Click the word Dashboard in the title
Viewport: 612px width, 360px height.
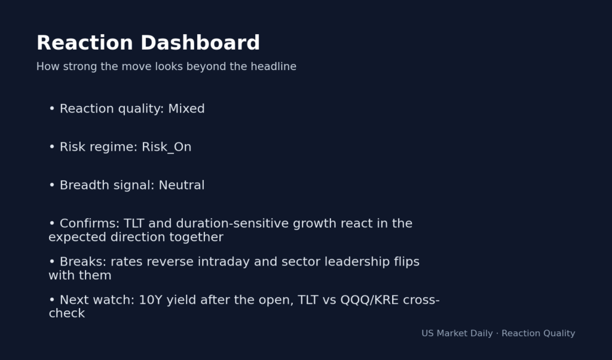200,43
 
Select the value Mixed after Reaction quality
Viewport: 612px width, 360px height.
186,109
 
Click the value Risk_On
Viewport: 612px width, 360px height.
166,147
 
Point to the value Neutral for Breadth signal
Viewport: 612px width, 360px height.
181,185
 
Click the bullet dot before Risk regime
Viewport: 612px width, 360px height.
52,147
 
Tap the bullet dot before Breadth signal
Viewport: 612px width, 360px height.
52,185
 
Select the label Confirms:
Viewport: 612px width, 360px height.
89,224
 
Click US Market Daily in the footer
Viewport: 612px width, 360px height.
457,334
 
